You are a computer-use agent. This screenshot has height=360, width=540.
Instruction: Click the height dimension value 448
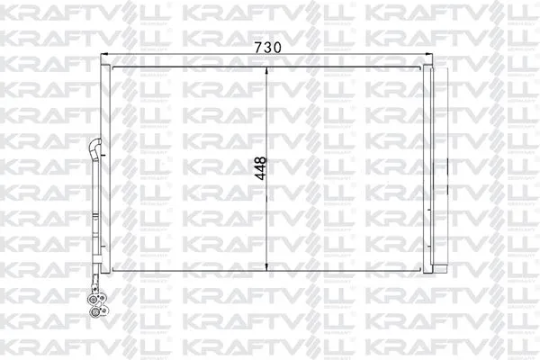click(260, 167)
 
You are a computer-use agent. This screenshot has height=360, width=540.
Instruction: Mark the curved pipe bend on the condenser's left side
click(94, 146)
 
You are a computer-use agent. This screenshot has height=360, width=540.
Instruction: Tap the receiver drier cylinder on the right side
click(440, 166)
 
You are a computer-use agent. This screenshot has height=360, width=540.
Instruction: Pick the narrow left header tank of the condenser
click(105, 167)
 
